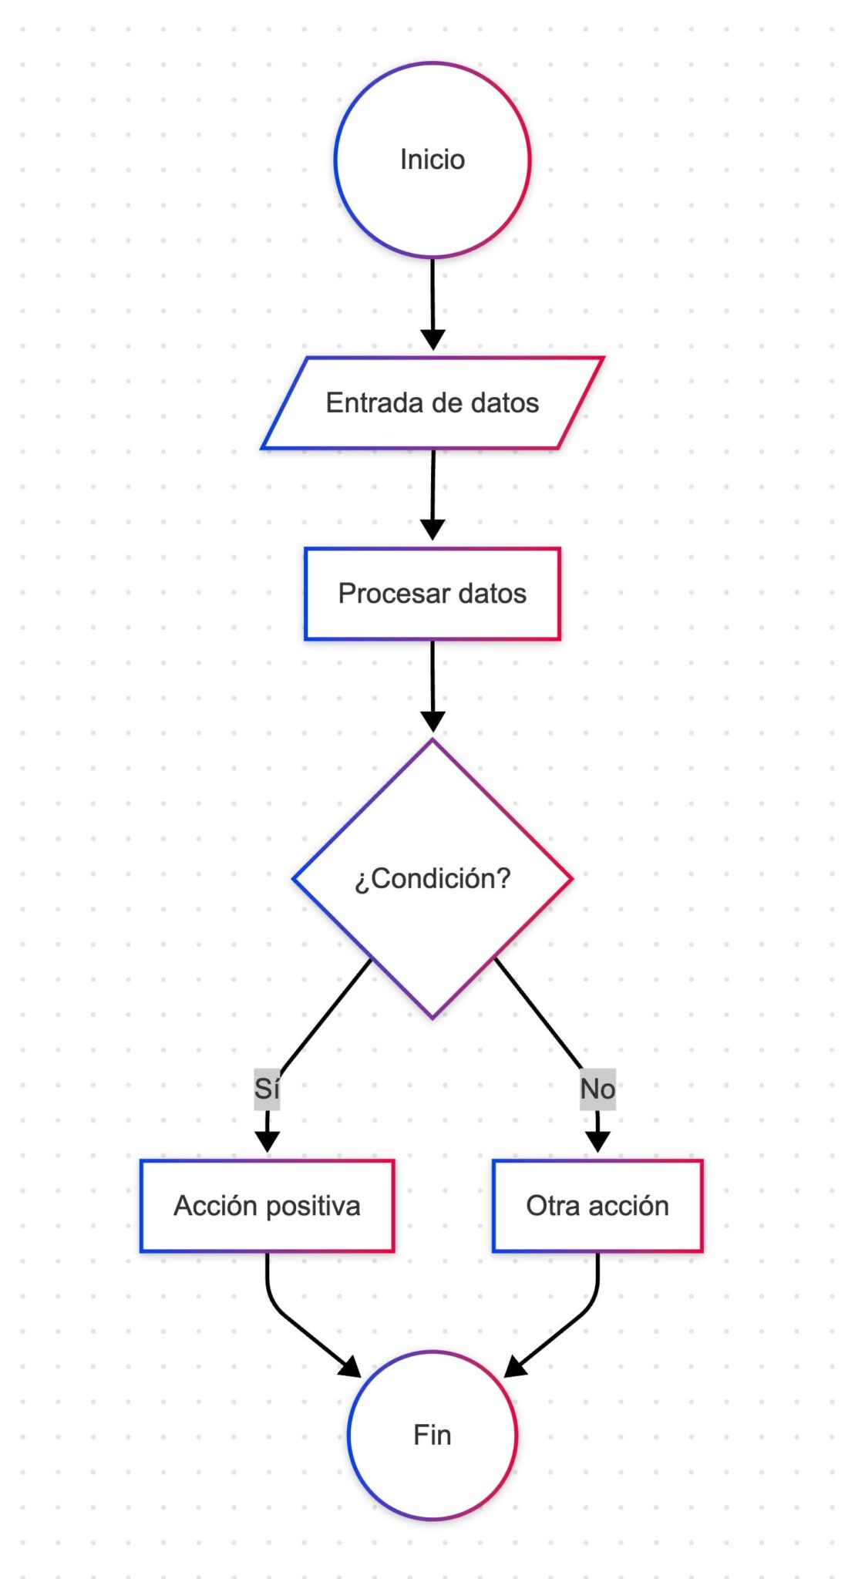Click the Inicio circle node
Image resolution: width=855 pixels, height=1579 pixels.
[x=432, y=160]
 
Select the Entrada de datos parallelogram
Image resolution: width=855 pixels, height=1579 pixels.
[x=432, y=403]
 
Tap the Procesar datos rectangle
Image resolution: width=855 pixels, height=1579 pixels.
[x=432, y=594]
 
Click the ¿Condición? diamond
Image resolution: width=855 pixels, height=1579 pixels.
[x=432, y=878]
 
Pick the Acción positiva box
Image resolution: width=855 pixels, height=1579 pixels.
[x=267, y=1205]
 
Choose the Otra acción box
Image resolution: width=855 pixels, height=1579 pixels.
[x=597, y=1205]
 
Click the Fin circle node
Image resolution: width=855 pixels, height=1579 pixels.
[x=432, y=1435]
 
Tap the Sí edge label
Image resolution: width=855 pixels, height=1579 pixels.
[x=267, y=1089]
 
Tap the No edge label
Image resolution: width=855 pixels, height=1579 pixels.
[x=597, y=1089]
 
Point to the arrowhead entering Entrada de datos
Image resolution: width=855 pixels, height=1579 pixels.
[x=433, y=339]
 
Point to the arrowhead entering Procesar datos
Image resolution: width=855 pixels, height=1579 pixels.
[x=433, y=530]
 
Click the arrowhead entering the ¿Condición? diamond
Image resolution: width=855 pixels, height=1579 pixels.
[x=433, y=721]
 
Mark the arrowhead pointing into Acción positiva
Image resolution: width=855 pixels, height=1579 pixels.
[x=267, y=1142]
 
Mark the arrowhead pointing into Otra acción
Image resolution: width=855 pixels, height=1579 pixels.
[x=597, y=1142]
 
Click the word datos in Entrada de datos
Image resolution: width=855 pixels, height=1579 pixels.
[x=505, y=403]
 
